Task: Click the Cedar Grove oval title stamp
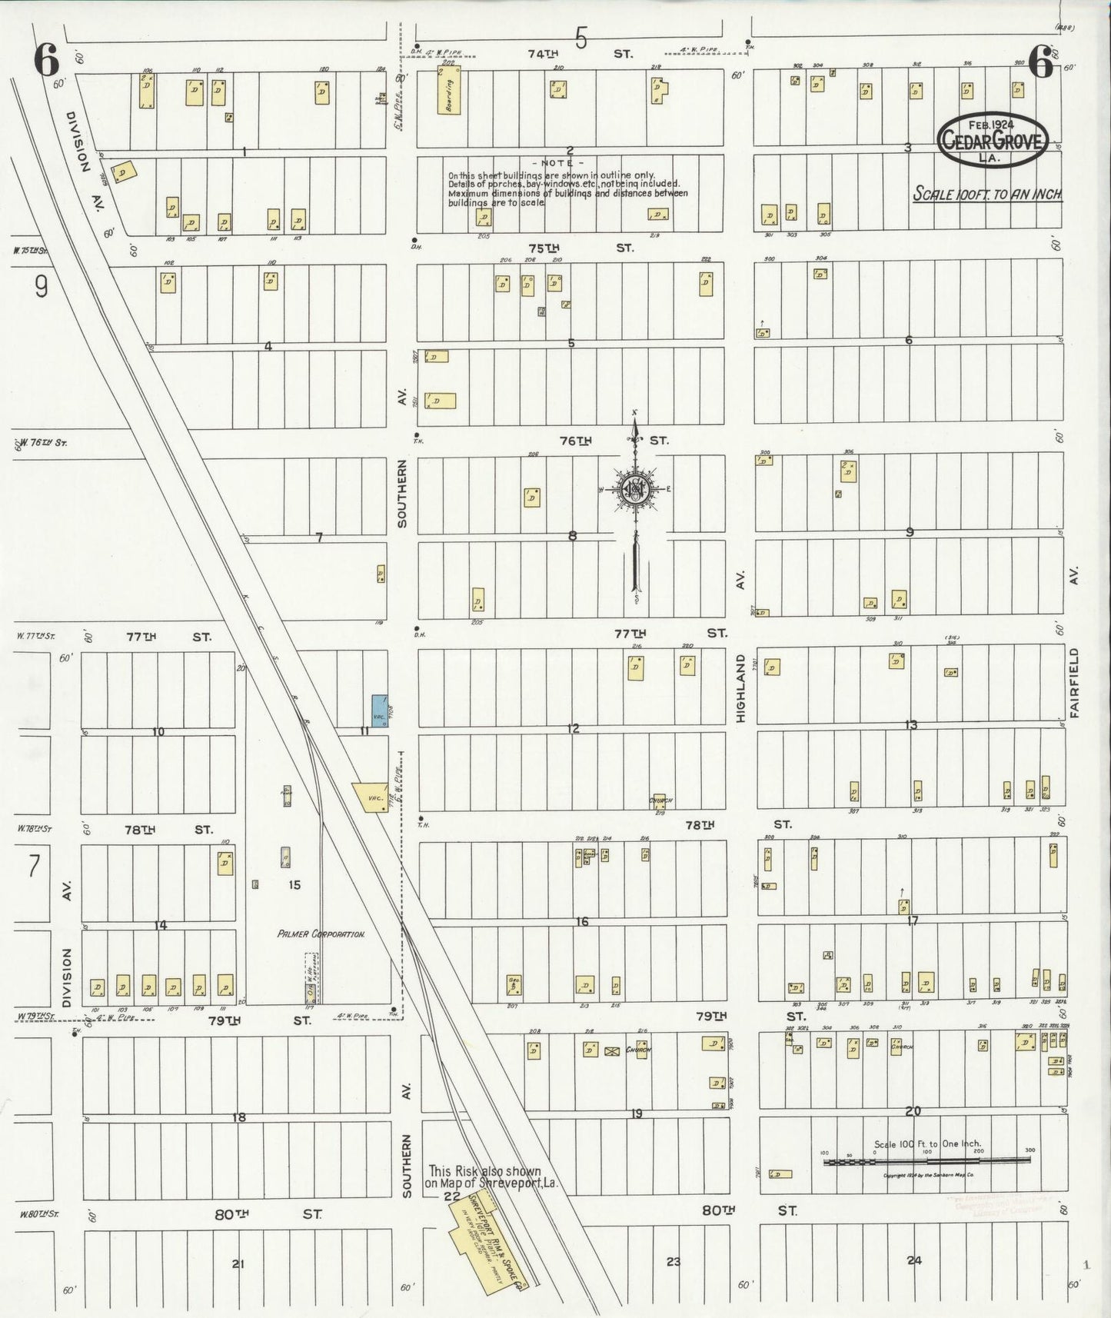coord(992,139)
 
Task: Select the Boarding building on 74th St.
coord(449,92)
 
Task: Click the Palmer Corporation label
coord(321,934)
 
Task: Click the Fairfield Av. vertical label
coord(1073,682)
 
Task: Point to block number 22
coord(451,1197)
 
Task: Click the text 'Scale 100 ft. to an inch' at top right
coord(986,194)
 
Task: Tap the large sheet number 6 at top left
coord(48,62)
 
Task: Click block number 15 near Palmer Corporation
coord(294,885)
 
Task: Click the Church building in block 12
coord(659,801)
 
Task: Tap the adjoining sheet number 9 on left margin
coord(41,287)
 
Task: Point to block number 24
coord(913,1260)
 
